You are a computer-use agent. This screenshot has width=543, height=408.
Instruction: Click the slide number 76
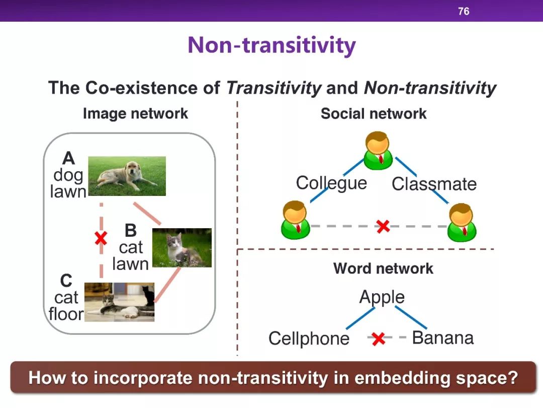(x=464, y=12)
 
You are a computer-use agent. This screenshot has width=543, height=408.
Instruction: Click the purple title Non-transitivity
(x=271, y=45)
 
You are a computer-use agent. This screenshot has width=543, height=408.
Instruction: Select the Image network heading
(x=135, y=114)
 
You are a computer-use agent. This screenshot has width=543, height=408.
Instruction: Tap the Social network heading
(x=374, y=113)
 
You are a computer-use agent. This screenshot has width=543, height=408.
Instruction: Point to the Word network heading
(x=383, y=268)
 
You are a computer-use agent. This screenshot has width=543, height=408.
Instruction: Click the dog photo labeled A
(x=127, y=176)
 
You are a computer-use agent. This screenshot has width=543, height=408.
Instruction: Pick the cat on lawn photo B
(x=182, y=247)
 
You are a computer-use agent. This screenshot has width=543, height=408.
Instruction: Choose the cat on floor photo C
(x=120, y=302)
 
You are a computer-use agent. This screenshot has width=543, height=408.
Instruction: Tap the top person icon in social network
(x=378, y=150)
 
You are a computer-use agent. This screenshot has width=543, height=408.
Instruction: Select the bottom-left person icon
(x=296, y=220)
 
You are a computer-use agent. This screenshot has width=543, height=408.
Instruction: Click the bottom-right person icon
(x=462, y=223)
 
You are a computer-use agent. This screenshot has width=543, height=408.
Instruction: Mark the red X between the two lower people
(x=383, y=226)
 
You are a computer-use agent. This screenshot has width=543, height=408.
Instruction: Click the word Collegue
(x=331, y=183)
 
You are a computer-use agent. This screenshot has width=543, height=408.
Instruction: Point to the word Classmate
(x=434, y=183)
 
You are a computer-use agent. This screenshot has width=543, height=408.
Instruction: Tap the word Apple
(x=382, y=297)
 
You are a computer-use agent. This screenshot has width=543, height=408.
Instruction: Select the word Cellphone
(x=309, y=338)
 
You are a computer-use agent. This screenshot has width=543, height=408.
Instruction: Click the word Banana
(x=443, y=337)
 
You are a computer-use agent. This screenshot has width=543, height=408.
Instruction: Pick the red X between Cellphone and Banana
(x=379, y=339)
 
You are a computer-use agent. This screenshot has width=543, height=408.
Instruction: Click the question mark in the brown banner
(x=512, y=377)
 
